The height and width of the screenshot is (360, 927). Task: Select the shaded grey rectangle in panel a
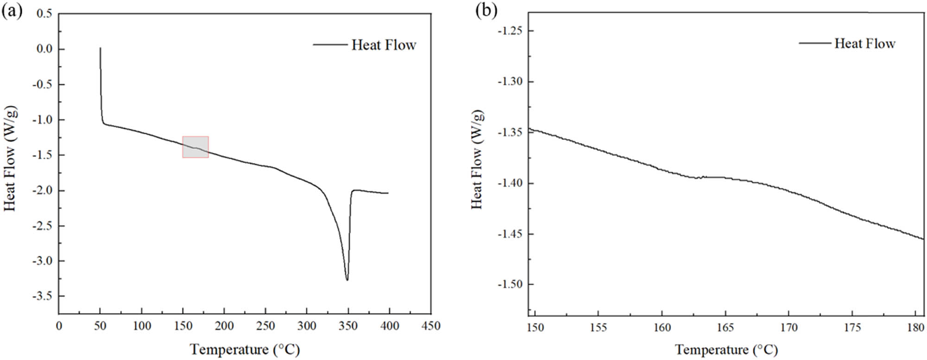[x=195, y=147]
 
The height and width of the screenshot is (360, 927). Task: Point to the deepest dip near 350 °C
[x=347, y=279]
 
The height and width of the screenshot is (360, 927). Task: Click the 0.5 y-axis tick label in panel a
[x=44, y=13]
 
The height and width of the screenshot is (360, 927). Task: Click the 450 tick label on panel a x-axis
[x=431, y=326]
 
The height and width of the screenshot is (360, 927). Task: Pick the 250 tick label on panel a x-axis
[x=265, y=326]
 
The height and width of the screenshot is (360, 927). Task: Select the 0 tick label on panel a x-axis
[x=59, y=326]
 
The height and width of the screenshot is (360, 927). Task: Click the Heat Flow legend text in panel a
[x=383, y=45]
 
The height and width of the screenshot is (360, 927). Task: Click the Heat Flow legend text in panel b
[x=864, y=44]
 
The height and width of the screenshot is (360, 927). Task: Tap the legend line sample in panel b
[x=814, y=43]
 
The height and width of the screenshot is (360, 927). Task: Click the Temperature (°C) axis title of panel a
[x=245, y=349]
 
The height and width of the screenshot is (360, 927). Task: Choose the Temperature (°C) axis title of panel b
[x=726, y=349]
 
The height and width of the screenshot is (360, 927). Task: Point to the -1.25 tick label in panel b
[x=509, y=31]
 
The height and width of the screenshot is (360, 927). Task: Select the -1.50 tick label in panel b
[x=509, y=284]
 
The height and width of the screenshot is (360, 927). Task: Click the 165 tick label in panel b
[x=725, y=328]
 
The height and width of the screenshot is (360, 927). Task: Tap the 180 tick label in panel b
[x=915, y=328]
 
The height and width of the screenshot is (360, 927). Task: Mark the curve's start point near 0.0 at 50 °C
[x=100, y=48]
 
